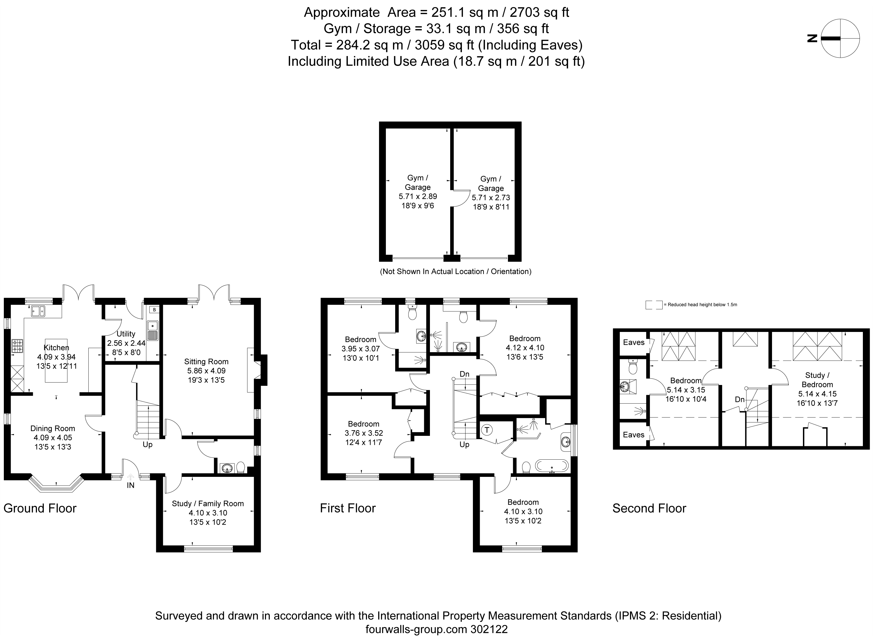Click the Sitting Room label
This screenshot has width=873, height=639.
(x=206, y=362)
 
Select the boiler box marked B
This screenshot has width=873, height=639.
(x=154, y=310)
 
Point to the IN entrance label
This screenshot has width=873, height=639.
(x=131, y=485)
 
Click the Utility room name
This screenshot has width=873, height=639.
(x=126, y=334)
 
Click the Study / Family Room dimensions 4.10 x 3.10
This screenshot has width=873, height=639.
(x=208, y=513)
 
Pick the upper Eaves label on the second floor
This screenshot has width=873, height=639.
(x=634, y=342)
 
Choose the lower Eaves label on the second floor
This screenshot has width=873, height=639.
(x=634, y=435)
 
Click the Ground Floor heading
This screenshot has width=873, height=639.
(x=40, y=508)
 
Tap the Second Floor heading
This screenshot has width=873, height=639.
(x=649, y=508)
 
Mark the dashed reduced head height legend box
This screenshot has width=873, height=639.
(x=654, y=305)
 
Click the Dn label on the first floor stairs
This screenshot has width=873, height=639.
(x=465, y=374)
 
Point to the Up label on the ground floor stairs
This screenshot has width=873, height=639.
(x=148, y=445)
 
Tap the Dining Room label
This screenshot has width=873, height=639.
(x=53, y=428)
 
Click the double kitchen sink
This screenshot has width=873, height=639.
(x=38, y=311)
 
